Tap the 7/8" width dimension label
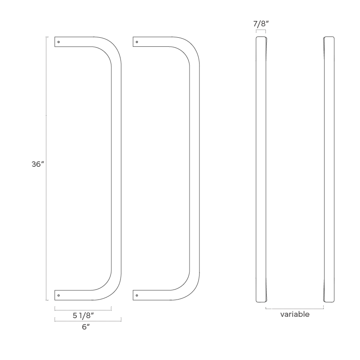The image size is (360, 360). point(260,24)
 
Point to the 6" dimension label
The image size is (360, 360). point(85,327)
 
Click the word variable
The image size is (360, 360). point(295,314)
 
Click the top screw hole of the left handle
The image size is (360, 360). point(59,42)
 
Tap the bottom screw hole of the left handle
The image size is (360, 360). point(59,295)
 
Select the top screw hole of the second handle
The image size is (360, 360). point(137,42)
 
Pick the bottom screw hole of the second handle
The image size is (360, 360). point(137,295)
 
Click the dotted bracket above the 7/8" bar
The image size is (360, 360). point(260,31)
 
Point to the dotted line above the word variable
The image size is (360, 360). point(295,308)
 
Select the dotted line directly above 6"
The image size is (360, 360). point(88,321)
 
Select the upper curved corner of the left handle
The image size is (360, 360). point(111,51)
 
